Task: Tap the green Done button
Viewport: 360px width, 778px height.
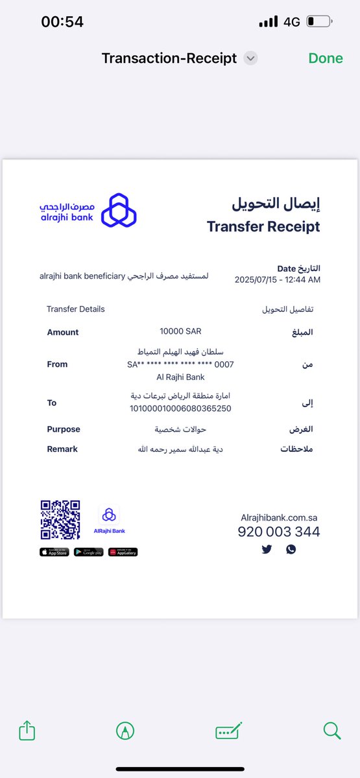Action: (326, 58)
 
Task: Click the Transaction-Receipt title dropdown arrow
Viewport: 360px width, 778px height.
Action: (250, 58)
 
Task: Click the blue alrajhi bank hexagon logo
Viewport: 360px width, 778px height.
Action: (119, 210)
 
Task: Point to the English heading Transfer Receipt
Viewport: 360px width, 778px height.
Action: (263, 226)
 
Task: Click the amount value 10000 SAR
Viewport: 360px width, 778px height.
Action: (180, 332)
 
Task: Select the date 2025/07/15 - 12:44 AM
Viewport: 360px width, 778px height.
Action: (277, 279)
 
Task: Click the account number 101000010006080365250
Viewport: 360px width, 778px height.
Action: (180, 408)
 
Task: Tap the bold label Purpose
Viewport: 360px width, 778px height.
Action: (64, 429)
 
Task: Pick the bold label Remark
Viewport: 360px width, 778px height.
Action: (62, 449)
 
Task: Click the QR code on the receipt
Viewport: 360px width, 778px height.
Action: (60, 520)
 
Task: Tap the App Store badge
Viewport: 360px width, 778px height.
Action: (54, 552)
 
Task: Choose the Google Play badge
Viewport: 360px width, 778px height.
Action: (89, 552)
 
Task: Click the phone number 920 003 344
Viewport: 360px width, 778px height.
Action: (278, 532)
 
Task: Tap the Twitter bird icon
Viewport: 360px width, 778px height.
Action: (267, 549)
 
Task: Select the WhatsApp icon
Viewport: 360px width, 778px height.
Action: (291, 549)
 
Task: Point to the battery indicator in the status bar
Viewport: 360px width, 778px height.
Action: (318, 21)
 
